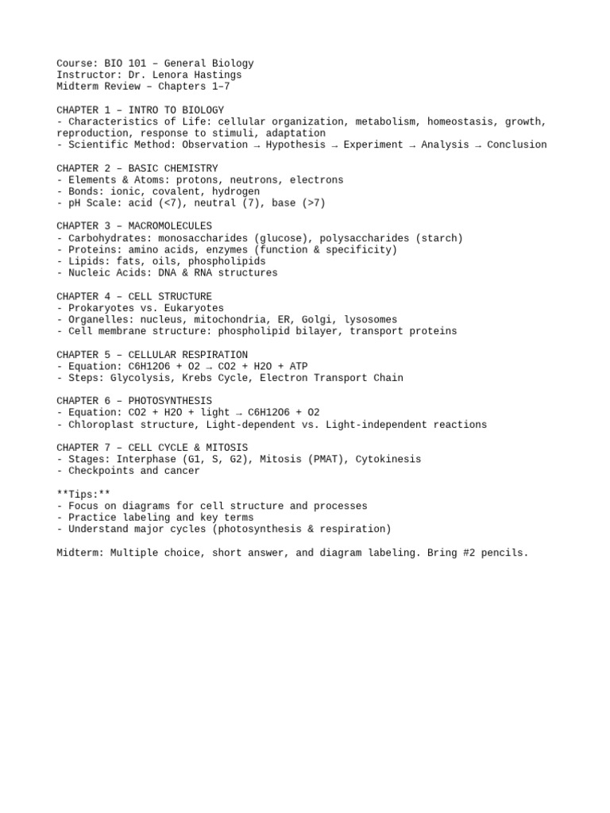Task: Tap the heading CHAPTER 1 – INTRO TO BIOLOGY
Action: (140, 110)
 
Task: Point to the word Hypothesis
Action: (295, 144)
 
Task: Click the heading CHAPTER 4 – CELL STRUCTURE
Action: (134, 296)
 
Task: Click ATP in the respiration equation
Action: (298, 366)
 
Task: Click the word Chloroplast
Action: (98, 425)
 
